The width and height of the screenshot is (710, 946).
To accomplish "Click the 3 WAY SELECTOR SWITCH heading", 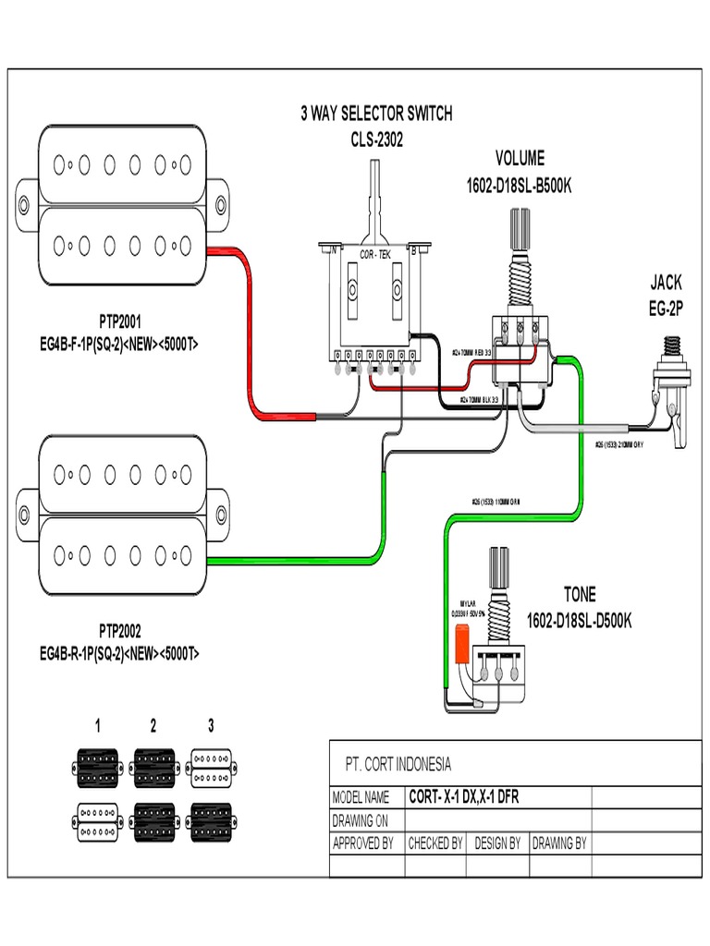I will tap(376, 115).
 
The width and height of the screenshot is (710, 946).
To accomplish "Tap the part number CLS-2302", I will tap(376, 140).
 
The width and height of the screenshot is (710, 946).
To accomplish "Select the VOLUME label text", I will tap(520, 159).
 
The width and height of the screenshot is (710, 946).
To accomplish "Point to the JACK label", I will tap(665, 283).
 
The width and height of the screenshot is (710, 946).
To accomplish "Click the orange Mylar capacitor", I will tap(461, 644).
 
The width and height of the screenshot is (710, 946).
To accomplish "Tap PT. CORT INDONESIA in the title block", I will tap(398, 764).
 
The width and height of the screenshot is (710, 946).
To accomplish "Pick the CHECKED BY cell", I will tap(435, 843).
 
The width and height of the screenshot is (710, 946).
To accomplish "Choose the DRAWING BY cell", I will tap(558, 843).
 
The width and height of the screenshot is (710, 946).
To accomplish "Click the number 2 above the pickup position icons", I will tap(153, 725).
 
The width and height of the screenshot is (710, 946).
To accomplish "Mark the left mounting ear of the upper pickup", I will tap(24, 204).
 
